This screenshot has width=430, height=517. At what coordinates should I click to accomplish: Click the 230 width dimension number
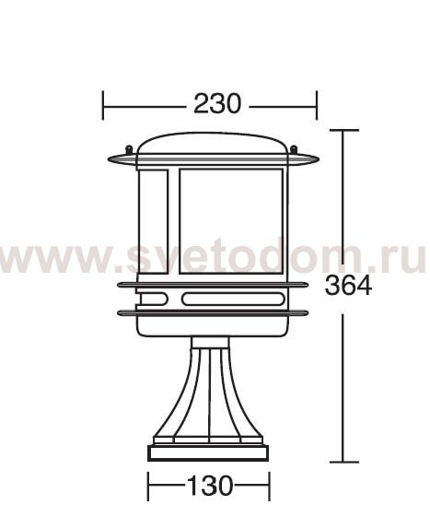pos(217,104)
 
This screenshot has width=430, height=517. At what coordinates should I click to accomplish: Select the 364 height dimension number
pos(348,287)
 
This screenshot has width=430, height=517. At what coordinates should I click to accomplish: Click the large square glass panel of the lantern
pos(230,221)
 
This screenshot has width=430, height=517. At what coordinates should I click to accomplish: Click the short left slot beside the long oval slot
pos(153,299)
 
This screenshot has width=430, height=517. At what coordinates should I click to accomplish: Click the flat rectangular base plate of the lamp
pos(209,453)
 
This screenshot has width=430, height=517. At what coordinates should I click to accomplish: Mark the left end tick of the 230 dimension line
pos(103,104)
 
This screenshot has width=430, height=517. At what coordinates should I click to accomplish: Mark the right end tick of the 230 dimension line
pos(317,104)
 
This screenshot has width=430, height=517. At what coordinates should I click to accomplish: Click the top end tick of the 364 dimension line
pos(343,131)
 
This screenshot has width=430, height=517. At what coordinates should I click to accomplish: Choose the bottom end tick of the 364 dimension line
pos(343,461)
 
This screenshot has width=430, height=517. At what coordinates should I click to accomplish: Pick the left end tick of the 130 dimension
pos(148,484)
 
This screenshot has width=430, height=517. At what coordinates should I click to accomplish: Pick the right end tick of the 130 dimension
pos(269,484)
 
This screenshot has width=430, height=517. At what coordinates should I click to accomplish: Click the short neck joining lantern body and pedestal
pos(211,342)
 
